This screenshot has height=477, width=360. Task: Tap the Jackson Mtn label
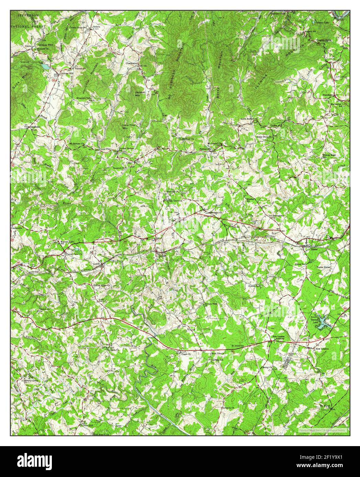click(x=140, y=94)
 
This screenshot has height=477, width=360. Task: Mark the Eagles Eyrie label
click(x=324, y=40)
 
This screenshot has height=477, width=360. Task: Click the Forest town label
click(x=314, y=250)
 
